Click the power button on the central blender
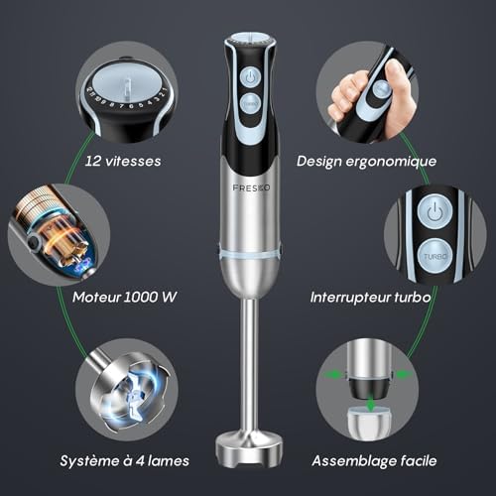tap(250, 77)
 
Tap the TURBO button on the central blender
tap(250, 104)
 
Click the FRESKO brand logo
tap(251, 187)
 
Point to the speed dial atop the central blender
tap(250, 39)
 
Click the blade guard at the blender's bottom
tap(249, 447)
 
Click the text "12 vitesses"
tap(123, 161)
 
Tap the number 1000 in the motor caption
tap(141, 297)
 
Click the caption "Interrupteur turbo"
tap(370, 298)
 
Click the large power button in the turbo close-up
tap(434, 211)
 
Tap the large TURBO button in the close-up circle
tap(434, 256)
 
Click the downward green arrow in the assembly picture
tap(371, 404)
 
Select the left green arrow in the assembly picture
tap(334, 375)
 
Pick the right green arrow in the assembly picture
tap(404, 375)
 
